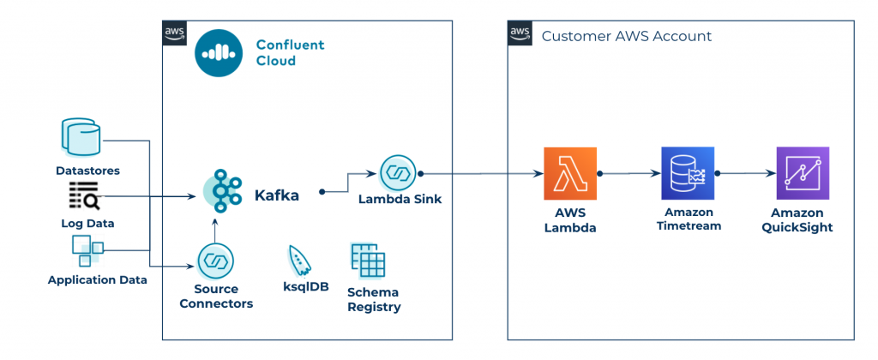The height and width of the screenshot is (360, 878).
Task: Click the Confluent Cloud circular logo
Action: (220, 53)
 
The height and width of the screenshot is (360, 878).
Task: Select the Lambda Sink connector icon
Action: (398, 173)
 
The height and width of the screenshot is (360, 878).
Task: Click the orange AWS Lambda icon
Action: (570, 173)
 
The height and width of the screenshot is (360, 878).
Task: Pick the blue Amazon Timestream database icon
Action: (688, 173)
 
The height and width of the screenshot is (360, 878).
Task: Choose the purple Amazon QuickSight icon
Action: (802, 173)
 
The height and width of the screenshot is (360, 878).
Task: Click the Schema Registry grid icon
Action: (368, 260)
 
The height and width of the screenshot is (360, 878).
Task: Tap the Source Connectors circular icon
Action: (215, 261)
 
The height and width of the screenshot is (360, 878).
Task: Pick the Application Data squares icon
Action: (87, 250)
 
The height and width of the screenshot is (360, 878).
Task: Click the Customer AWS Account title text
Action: (626, 36)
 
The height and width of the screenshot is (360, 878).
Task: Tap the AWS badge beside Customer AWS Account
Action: (520, 33)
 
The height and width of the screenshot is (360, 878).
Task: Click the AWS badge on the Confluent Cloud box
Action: (174, 33)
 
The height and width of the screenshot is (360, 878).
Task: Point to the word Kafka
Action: (277, 196)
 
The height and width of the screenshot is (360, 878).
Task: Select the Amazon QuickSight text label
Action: (802, 220)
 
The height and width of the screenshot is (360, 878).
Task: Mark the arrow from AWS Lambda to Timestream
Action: (628, 173)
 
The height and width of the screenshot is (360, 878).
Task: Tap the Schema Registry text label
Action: (373, 299)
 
